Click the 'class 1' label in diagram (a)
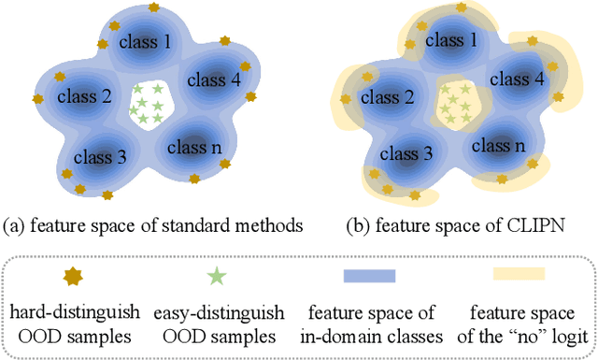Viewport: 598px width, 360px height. [145, 42]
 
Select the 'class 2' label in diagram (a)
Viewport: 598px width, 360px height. [84, 95]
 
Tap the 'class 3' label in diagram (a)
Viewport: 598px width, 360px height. [100, 156]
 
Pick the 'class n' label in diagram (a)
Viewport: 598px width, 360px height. [194, 147]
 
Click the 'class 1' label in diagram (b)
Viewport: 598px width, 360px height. [450, 42]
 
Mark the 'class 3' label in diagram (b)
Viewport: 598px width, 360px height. [406, 151]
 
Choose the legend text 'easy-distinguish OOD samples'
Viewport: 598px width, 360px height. [217, 322]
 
